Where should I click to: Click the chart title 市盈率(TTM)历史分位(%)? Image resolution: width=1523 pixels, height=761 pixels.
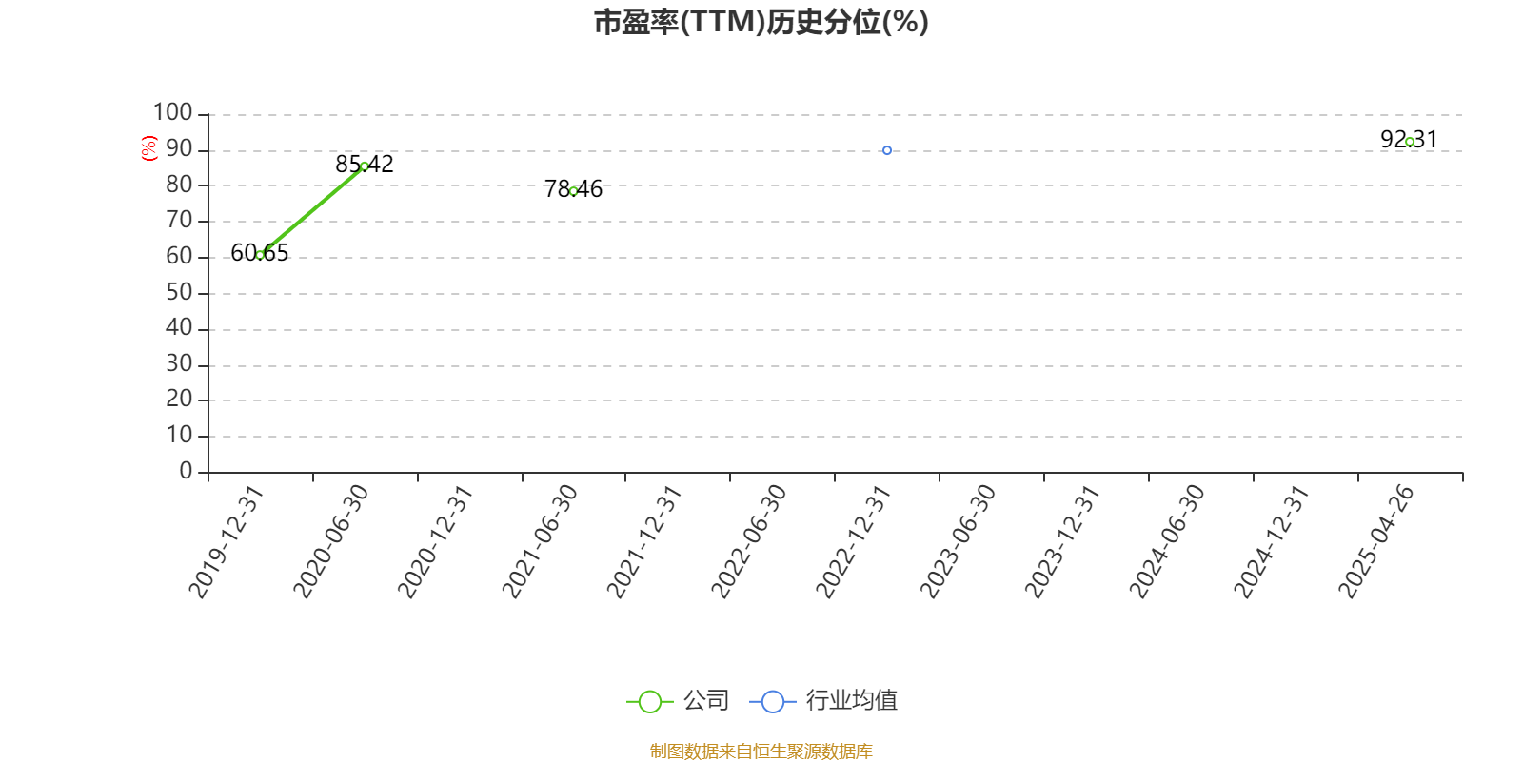pos(761,22)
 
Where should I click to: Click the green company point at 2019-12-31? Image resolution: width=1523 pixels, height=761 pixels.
pos(260,255)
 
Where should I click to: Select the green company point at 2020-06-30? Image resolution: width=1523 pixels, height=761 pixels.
pos(365,166)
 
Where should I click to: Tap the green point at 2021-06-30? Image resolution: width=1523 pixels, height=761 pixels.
pos(574,191)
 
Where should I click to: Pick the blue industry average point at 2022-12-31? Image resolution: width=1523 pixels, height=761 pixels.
pos(887,150)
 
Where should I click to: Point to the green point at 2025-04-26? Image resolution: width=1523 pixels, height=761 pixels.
pos(1410,142)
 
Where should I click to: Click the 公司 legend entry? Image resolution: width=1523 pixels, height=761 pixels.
pos(679,701)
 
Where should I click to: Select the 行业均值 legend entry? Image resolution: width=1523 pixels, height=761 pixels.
pos(824,701)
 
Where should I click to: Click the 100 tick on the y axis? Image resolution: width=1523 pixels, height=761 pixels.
pos(173,113)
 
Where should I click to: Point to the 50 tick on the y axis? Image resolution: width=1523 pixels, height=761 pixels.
pos(179,292)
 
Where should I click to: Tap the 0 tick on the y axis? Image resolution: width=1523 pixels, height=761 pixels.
pos(186,471)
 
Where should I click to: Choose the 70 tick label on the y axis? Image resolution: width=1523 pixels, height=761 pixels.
pos(179,221)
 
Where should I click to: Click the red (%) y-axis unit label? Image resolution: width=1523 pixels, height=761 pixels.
pos(149,148)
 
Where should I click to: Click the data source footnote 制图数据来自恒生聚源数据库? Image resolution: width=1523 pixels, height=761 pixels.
pos(761,751)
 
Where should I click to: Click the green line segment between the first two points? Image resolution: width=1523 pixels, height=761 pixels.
pos(312,210)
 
